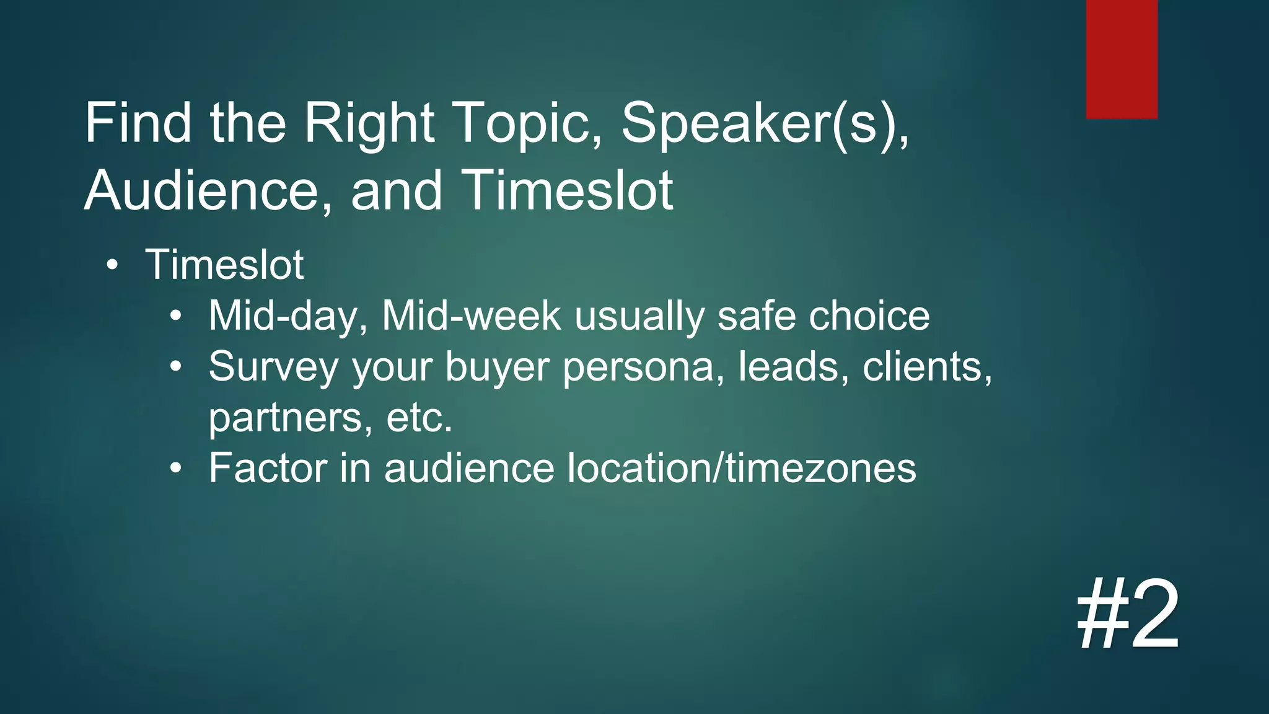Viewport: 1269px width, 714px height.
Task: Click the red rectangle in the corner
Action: click(x=1122, y=59)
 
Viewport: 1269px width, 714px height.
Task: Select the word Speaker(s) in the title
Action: click(x=765, y=124)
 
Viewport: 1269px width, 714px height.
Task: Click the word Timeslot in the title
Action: click(x=567, y=191)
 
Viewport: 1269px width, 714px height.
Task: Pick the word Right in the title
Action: click(x=369, y=124)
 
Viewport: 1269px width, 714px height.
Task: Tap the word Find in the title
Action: click(x=138, y=124)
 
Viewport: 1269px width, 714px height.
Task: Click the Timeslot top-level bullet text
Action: click(x=224, y=265)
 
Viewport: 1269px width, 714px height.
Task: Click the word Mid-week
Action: click(x=471, y=316)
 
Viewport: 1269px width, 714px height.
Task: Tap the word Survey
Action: click(x=273, y=368)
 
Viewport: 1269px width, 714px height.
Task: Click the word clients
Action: click(x=927, y=367)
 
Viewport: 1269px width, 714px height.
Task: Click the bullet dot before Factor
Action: click(x=177, y=469)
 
